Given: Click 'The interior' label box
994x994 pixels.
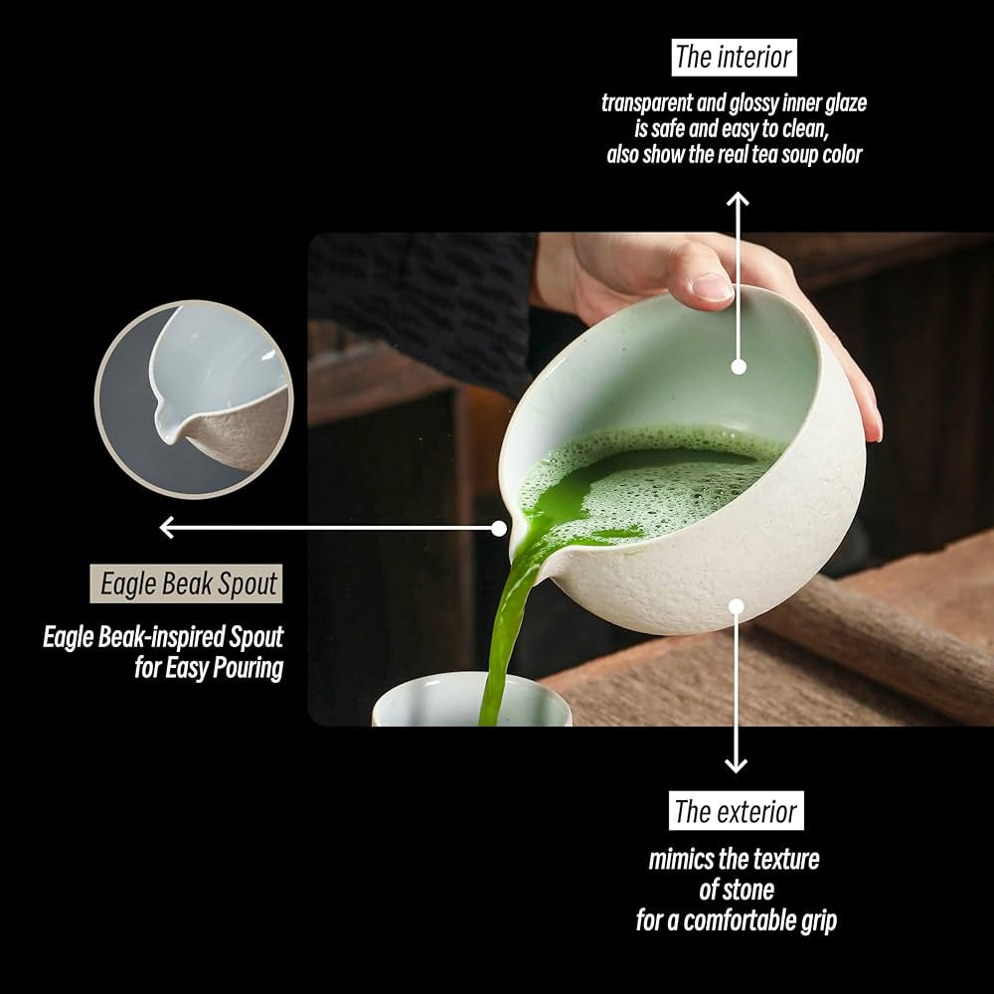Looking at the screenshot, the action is [735, 57].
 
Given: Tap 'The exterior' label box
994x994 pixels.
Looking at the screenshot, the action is [736, 811].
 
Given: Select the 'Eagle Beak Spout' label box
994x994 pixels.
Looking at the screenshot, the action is [187, 583].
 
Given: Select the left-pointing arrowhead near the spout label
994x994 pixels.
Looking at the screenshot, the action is [167, 527].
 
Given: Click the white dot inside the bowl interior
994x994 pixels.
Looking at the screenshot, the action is [738, 367].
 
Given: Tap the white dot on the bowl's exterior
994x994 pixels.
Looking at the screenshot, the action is [736, 606].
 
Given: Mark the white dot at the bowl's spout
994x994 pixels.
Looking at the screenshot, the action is [499, 528].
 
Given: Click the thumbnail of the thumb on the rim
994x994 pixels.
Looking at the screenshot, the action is [712, 286].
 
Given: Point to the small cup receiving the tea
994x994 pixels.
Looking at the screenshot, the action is [471, 701].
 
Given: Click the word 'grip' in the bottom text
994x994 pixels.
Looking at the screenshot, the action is [819, 921].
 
